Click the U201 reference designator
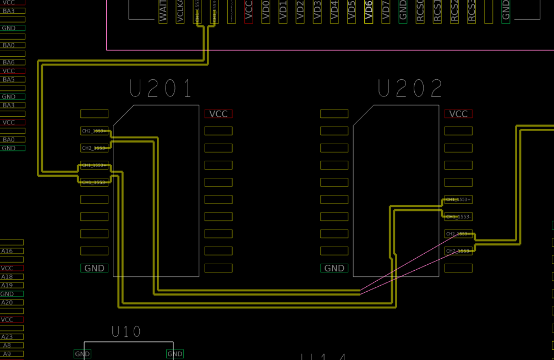point(161,89)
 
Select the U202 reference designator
point(410,89)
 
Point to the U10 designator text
point(126,332)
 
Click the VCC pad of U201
point(218,114)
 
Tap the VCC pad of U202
point(458,114)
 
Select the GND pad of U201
point(95,268)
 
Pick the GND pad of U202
point(334,268)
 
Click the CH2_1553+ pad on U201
point(95,131)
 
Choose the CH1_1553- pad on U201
point(95,182)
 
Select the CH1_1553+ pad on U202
point(458,199)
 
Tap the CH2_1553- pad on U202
point(458,251)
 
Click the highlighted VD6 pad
point(369,11)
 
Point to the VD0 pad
point(266,11)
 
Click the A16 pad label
point(7,251)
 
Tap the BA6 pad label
point(9,62)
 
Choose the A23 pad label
point(7,337)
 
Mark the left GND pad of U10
point(83,354)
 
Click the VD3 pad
point(317,11)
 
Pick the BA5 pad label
point(9,79)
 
